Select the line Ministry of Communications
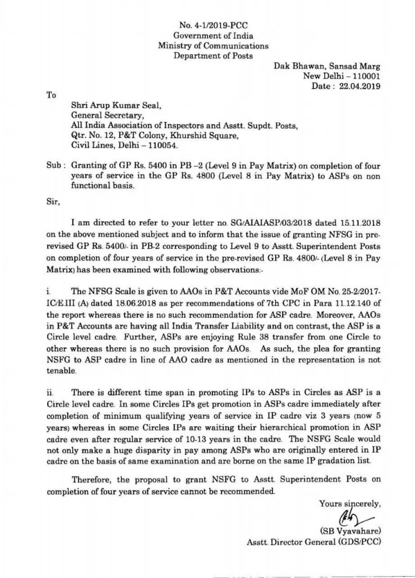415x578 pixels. [213, 46]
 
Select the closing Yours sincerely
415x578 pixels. [346, 503]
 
